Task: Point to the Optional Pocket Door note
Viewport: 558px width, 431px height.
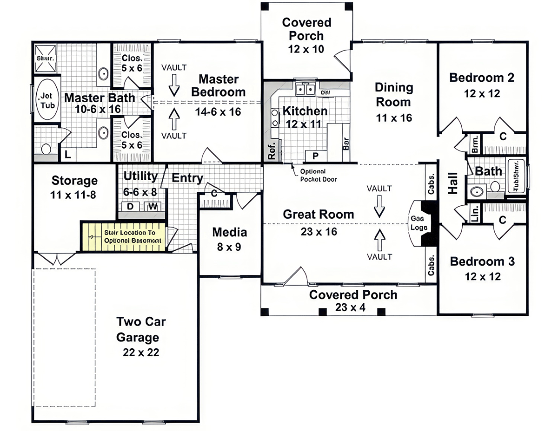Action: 319,175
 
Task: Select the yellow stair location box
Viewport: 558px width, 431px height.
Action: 123,236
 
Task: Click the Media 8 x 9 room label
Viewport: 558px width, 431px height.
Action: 229,239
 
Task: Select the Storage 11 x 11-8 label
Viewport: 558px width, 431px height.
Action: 74,187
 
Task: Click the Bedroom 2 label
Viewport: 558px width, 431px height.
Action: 482,78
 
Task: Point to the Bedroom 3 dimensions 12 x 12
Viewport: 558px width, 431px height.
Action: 482,276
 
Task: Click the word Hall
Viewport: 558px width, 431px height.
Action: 452,183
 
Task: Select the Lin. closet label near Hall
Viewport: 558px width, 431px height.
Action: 475,215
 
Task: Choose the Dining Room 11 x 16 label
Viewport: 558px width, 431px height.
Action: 394,102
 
